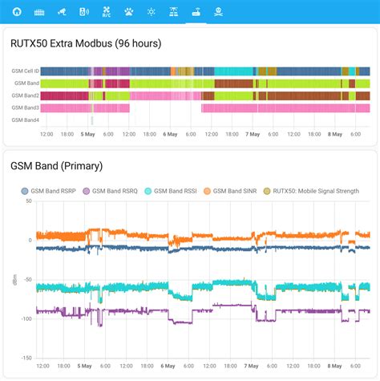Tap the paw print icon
click(128, 13)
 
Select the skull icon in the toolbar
click(217, 13)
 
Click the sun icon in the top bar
click(151, 13)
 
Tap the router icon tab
click(195, 13)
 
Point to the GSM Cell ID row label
click(24, 71)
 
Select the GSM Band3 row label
click(25, 107)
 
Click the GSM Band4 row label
click(25, 120)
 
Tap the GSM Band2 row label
click(25, 95)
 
